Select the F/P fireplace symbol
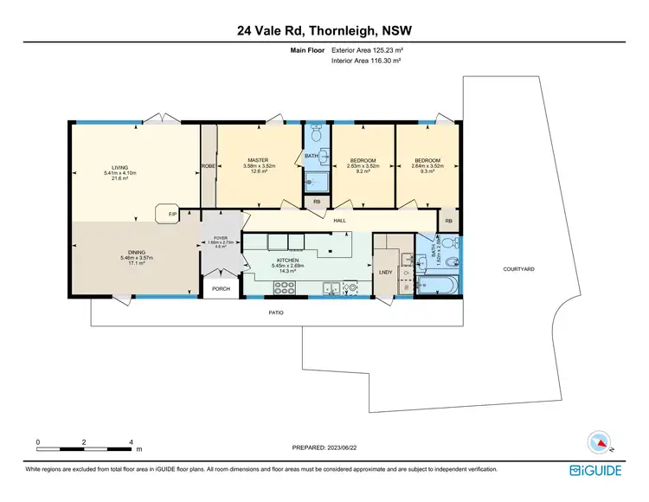point(162,213)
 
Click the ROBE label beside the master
point(208,166)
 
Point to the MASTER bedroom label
point(258,160)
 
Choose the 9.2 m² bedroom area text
point(363,171)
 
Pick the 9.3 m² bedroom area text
point(426,171)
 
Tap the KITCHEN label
point(288,260)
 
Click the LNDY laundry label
point(386,273)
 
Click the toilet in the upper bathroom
point(316,135)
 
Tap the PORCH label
point(221,289)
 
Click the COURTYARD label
point(519,269)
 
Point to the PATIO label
point(274,312)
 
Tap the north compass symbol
point(597,442)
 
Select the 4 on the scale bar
point(131,442)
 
